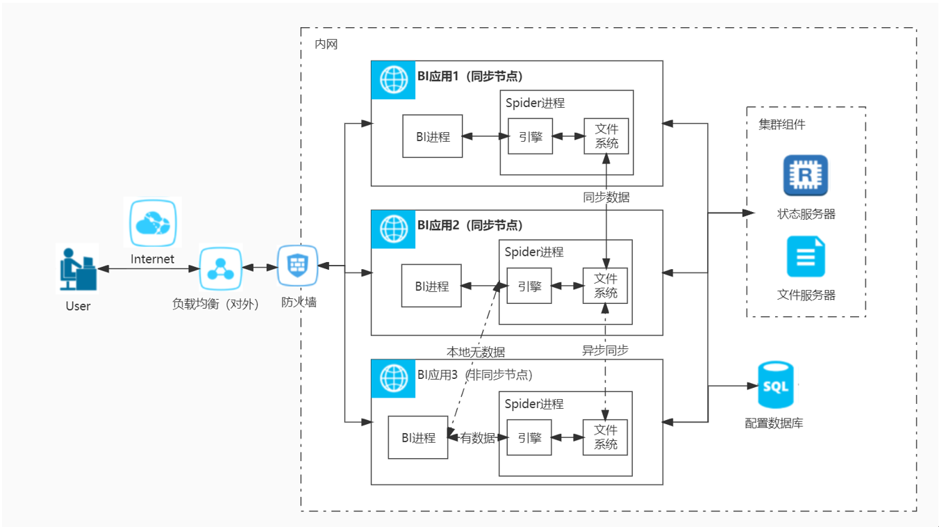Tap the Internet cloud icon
click(x=153, y=222)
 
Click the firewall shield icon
click(x=297, y=266)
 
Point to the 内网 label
click(x=326, y=44)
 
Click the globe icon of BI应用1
click(x=393, y=80)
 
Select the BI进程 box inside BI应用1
click(x=433, y=136)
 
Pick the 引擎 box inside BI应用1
click(x=530, y=136)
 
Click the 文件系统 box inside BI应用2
click(x=605, y=286)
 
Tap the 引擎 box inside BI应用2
click(x=529, y=286)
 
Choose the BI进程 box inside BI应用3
click(x=418, y=437)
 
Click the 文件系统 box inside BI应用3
click(x=605, y=437)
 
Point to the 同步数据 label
click(x=606, y=197)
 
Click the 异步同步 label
click(x=605, y=350)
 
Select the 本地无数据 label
click(x=475, y=352)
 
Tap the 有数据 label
click(x=478, y=438)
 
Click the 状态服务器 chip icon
click(x=806, y=175)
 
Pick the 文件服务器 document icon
click(x=806, y=257)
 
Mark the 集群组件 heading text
click(x=782, y=125)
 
